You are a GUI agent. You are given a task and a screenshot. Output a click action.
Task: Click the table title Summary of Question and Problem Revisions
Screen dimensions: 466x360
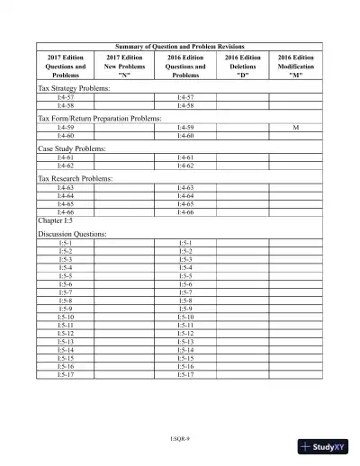[x=180, y=46]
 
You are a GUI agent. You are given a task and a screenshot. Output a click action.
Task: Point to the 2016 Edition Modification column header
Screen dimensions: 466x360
[x=296, y=66]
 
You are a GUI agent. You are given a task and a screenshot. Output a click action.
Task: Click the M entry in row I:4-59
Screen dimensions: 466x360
[x=296, y=129]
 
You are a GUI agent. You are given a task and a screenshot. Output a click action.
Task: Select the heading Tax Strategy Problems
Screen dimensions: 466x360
[x=74, y=89]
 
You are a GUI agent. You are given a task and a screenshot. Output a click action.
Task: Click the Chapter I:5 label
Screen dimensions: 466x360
[x=56, y=220]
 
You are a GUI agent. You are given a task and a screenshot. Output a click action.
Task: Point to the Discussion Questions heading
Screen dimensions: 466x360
[x=72, y=234]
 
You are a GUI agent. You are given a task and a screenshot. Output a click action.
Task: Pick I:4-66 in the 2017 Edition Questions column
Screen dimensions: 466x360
[x=66, y=211]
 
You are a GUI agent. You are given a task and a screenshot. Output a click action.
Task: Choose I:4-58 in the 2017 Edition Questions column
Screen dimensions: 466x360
[x=66, y=105]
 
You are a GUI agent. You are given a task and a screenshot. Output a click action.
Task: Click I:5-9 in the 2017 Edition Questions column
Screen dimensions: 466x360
[x=66, y=309]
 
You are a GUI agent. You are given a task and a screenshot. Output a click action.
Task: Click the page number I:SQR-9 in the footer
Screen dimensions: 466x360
[x=180, y=439]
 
